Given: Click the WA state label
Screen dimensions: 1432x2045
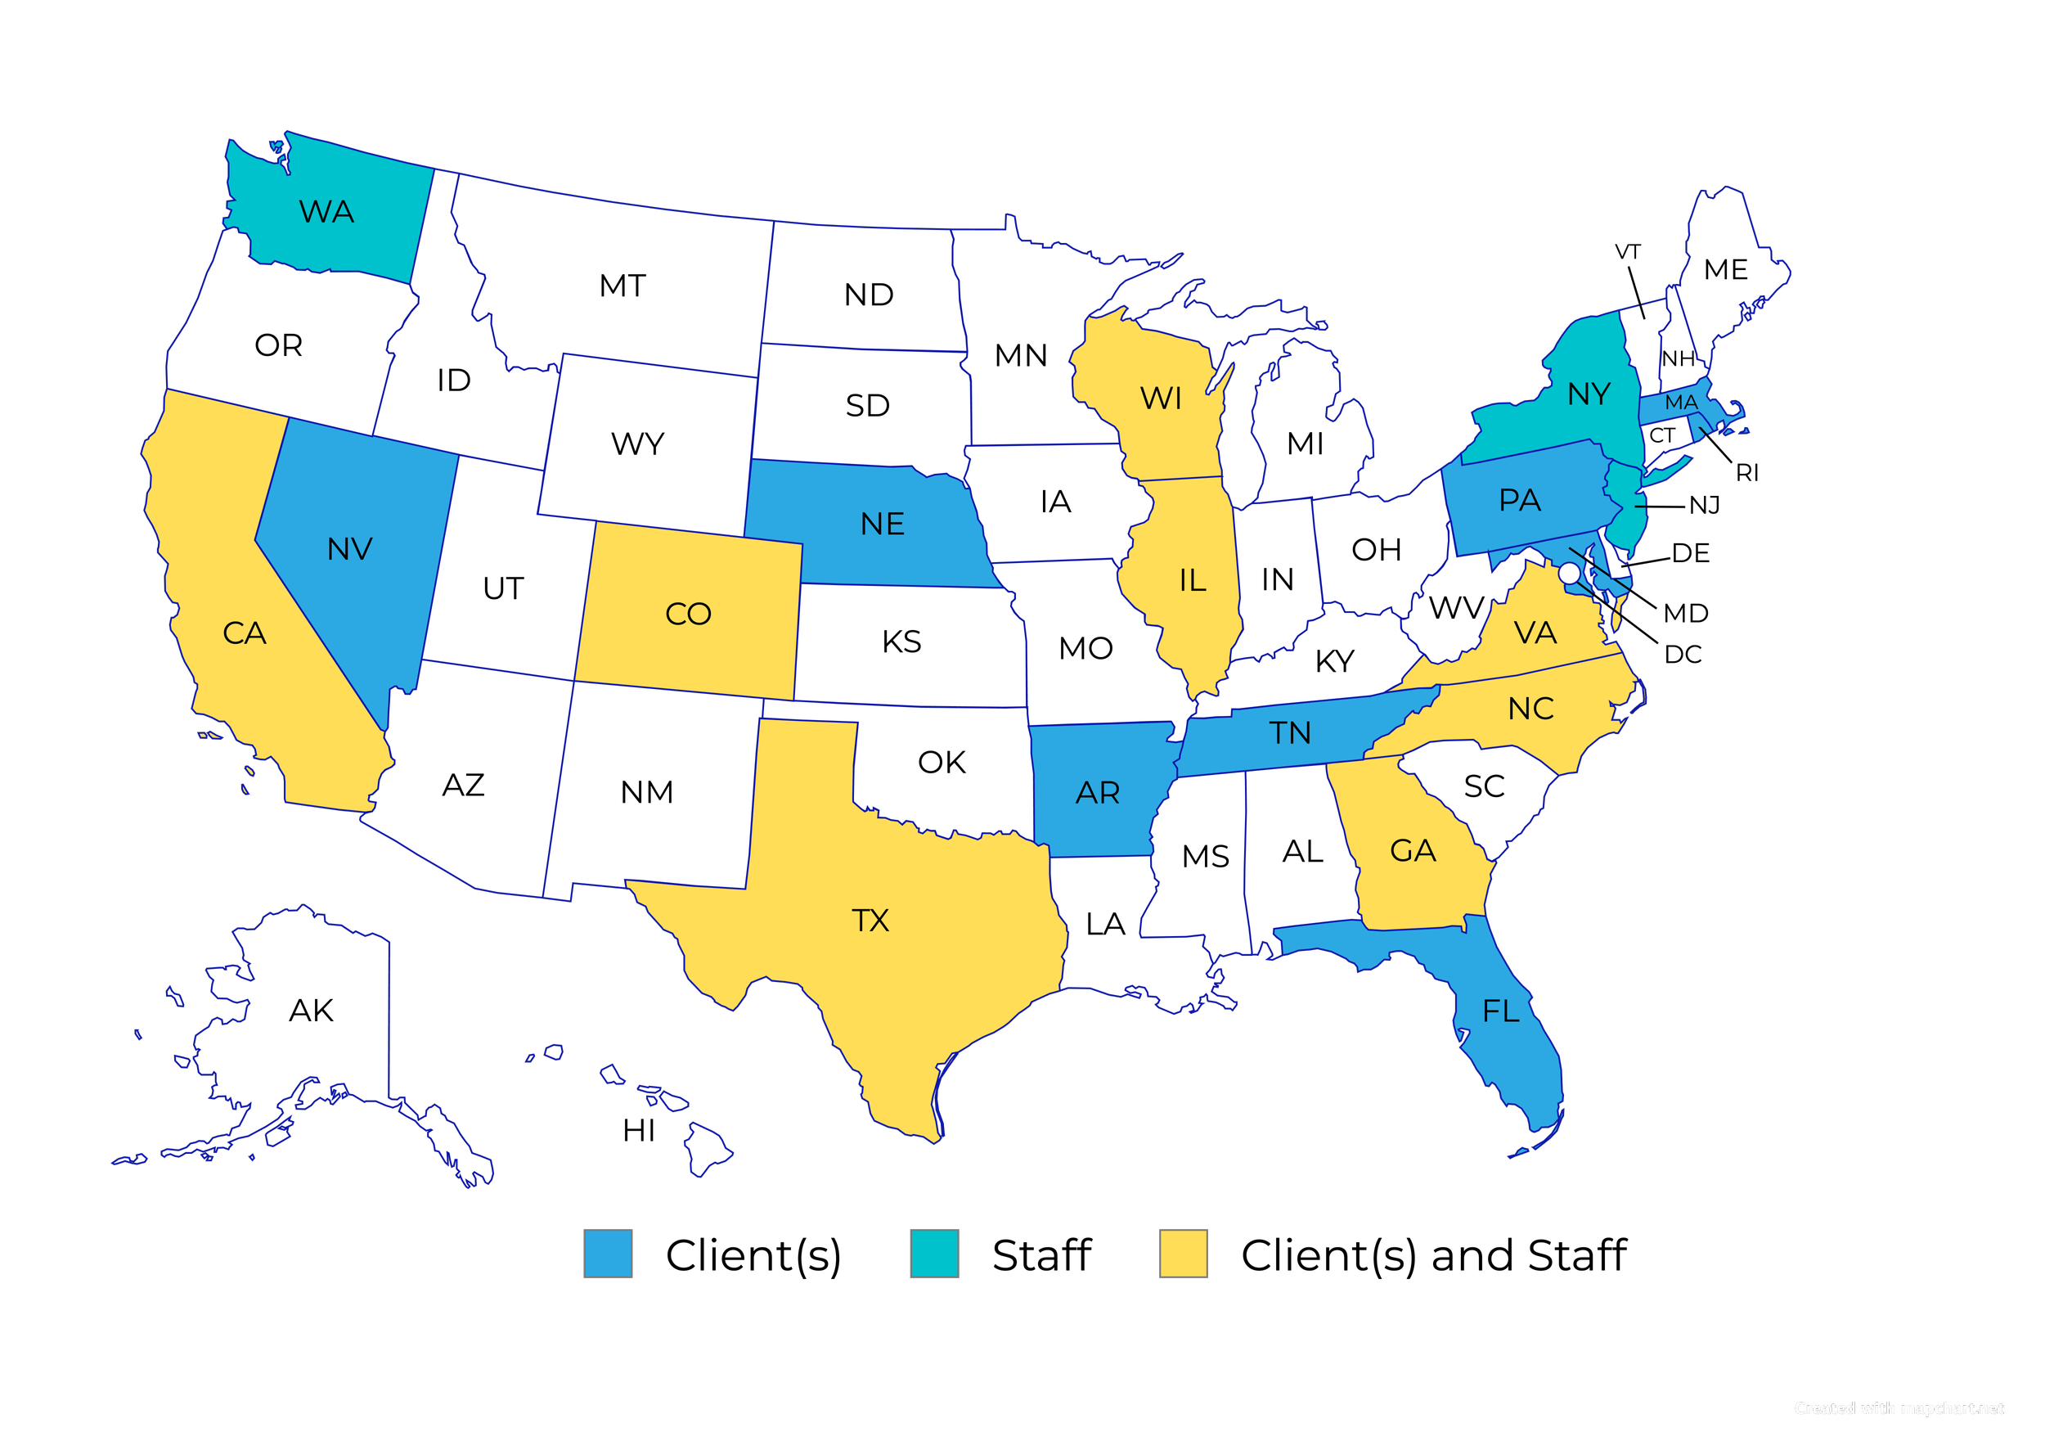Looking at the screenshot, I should [x=327, y=212].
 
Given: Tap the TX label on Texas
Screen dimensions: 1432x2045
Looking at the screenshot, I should [x=870, y=921].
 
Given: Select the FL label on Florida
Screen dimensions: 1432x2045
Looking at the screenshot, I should [x=1501, y=1011].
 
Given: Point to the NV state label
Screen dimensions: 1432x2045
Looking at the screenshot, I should [x=349, y=549].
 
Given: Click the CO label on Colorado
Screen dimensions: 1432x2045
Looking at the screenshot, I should [x=688, y=614].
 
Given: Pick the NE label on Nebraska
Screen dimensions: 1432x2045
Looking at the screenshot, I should [x=882, y=524].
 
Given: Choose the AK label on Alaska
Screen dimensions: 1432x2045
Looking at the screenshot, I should [x=311, y=1011].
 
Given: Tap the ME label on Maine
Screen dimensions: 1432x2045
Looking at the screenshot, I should [x=1725, y=269].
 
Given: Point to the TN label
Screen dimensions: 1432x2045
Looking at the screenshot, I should [x=1290, y=733].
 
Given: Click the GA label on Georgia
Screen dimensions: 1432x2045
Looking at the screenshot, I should [x=1413, y=851].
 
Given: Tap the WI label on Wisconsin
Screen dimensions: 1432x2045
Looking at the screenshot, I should [x=1161, y=399].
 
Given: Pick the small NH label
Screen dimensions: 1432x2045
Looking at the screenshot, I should [x=1678, y=359].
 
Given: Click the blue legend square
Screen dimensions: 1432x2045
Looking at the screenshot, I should [x=609, y=1254].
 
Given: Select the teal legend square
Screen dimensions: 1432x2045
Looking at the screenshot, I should [x=934, y=1254].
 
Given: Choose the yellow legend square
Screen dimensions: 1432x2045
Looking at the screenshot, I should [x=1183, y=1254].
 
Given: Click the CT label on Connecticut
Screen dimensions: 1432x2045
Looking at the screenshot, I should [x=1662, y=436].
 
